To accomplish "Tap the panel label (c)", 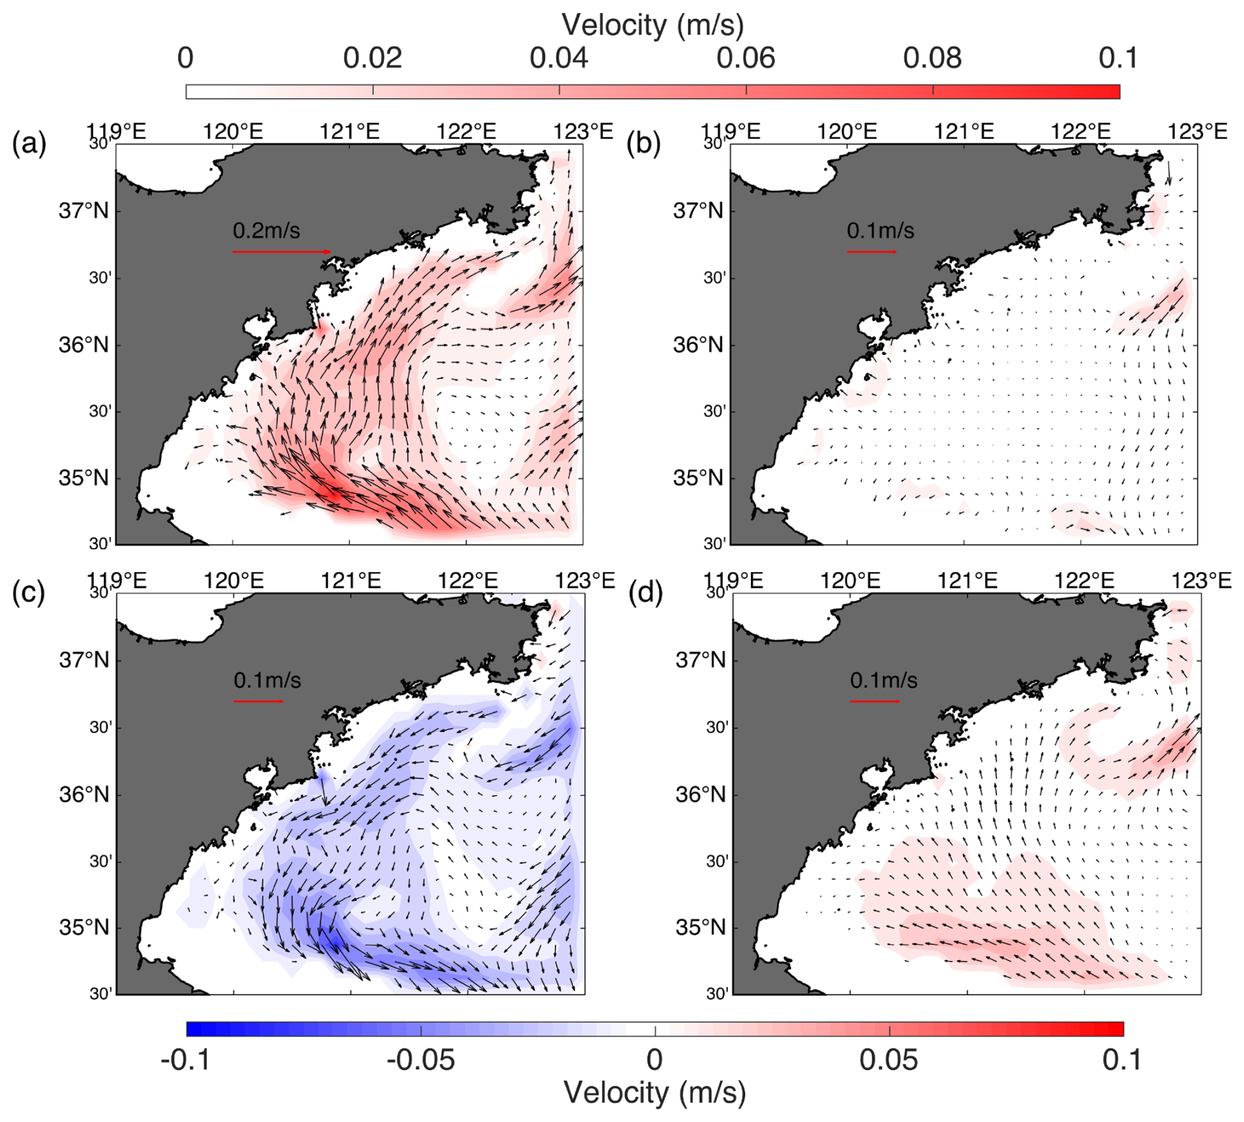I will point(29,593).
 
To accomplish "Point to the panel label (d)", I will point(646,593).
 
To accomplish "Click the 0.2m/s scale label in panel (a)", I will point(266,231).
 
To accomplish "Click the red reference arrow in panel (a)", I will point(282,252).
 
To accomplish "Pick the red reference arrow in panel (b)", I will point(872,252).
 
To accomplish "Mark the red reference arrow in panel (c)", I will point(258,701).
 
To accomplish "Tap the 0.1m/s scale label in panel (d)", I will point(883,680).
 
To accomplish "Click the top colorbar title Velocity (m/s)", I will point(652,25).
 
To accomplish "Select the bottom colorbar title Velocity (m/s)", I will point(655,1093).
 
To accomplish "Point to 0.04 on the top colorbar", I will point(559,59).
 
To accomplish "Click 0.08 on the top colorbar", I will point(932,59).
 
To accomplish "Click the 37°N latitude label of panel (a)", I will point(84,212).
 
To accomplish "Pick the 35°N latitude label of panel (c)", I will point(84,928).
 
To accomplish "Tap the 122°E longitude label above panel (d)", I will point(1084,581).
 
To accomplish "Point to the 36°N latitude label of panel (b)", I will point(698,345).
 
